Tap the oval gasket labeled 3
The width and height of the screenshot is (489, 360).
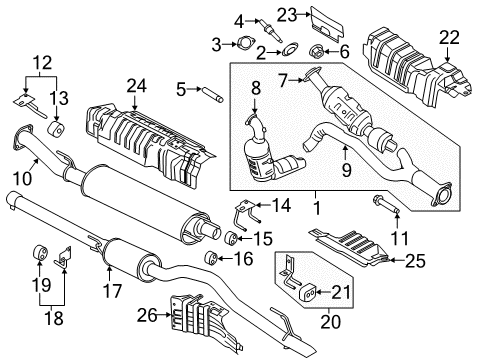(243, 43)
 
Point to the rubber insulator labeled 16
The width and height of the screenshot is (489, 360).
(211, 260)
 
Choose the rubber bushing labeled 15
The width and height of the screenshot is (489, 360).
(230, 238)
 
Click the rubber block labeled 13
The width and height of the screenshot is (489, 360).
(58, 133)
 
